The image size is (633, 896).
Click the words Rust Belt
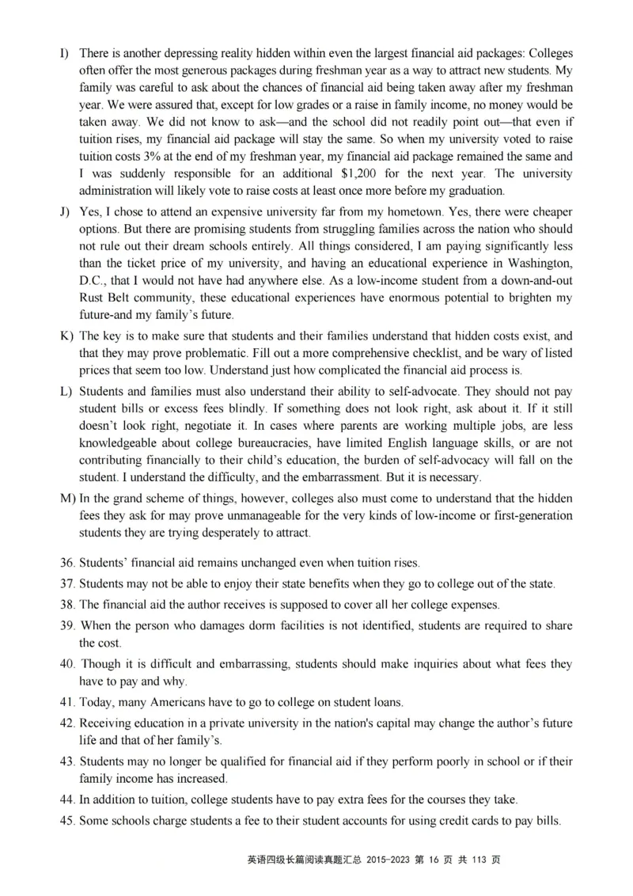(107, 298)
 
